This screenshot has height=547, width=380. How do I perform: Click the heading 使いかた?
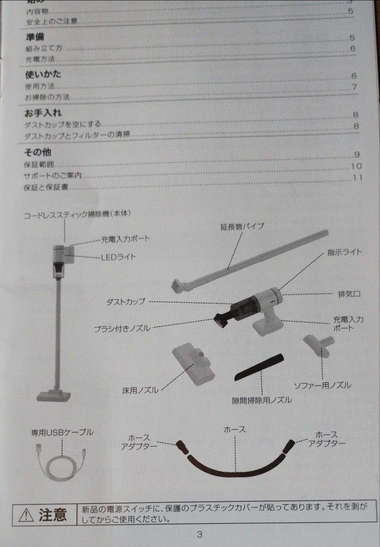tap(42, 75)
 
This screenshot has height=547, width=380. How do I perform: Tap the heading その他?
tap(38, 152)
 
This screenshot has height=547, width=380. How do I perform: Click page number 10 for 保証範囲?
tap(356, 166)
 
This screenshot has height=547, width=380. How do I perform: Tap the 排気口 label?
tap(349, 294)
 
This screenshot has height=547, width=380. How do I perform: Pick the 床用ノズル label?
tap(140, 390)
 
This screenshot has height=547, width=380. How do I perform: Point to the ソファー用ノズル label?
tap(322, 385)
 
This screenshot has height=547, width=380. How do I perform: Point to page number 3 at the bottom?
tap(199, 535)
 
